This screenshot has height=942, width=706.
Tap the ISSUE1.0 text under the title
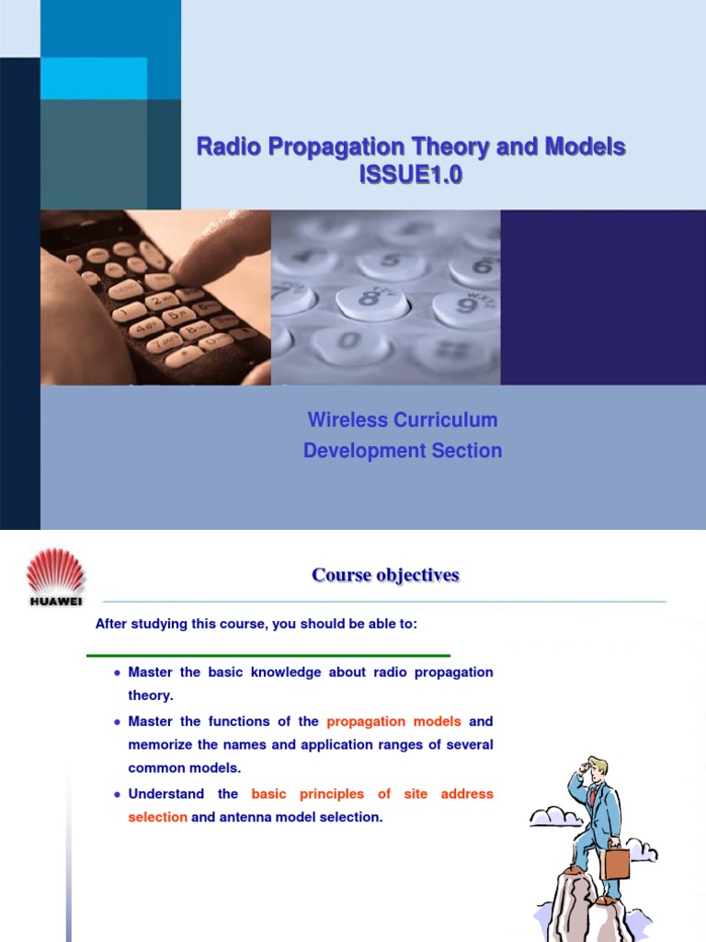tap(411, 175)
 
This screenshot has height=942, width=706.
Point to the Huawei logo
tap(55, 577)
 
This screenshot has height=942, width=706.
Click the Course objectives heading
tap(385, 576)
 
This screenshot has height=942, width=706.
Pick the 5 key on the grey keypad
tap(391, 264)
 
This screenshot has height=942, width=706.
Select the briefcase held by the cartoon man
tap(615, 862)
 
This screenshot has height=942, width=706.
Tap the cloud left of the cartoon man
tap(552, 815)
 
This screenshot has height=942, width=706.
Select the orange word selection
tap(157, 817)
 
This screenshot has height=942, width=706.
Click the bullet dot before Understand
tap(117, 794)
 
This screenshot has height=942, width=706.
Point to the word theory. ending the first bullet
tap(151, 696)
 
